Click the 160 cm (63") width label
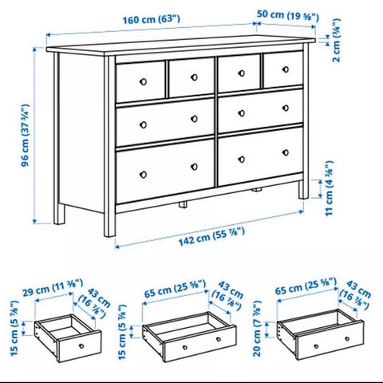point(151,20)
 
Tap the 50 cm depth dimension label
point(288,15)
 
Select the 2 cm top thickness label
point(337,40)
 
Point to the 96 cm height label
point(26,135)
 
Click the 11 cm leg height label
point(330,188)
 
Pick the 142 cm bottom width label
point(211,236)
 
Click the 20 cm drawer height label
point(258,329)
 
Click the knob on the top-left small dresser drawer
point(143,81)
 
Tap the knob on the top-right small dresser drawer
point(286,69)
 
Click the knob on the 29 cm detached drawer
point(81,346)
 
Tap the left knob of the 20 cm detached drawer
point(316,346)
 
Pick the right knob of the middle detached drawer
point(219,339)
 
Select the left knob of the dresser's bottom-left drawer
point(143,175)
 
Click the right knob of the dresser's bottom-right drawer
point(286,152)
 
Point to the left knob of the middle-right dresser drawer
point(242,113)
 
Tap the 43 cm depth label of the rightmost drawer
point(355,296)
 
